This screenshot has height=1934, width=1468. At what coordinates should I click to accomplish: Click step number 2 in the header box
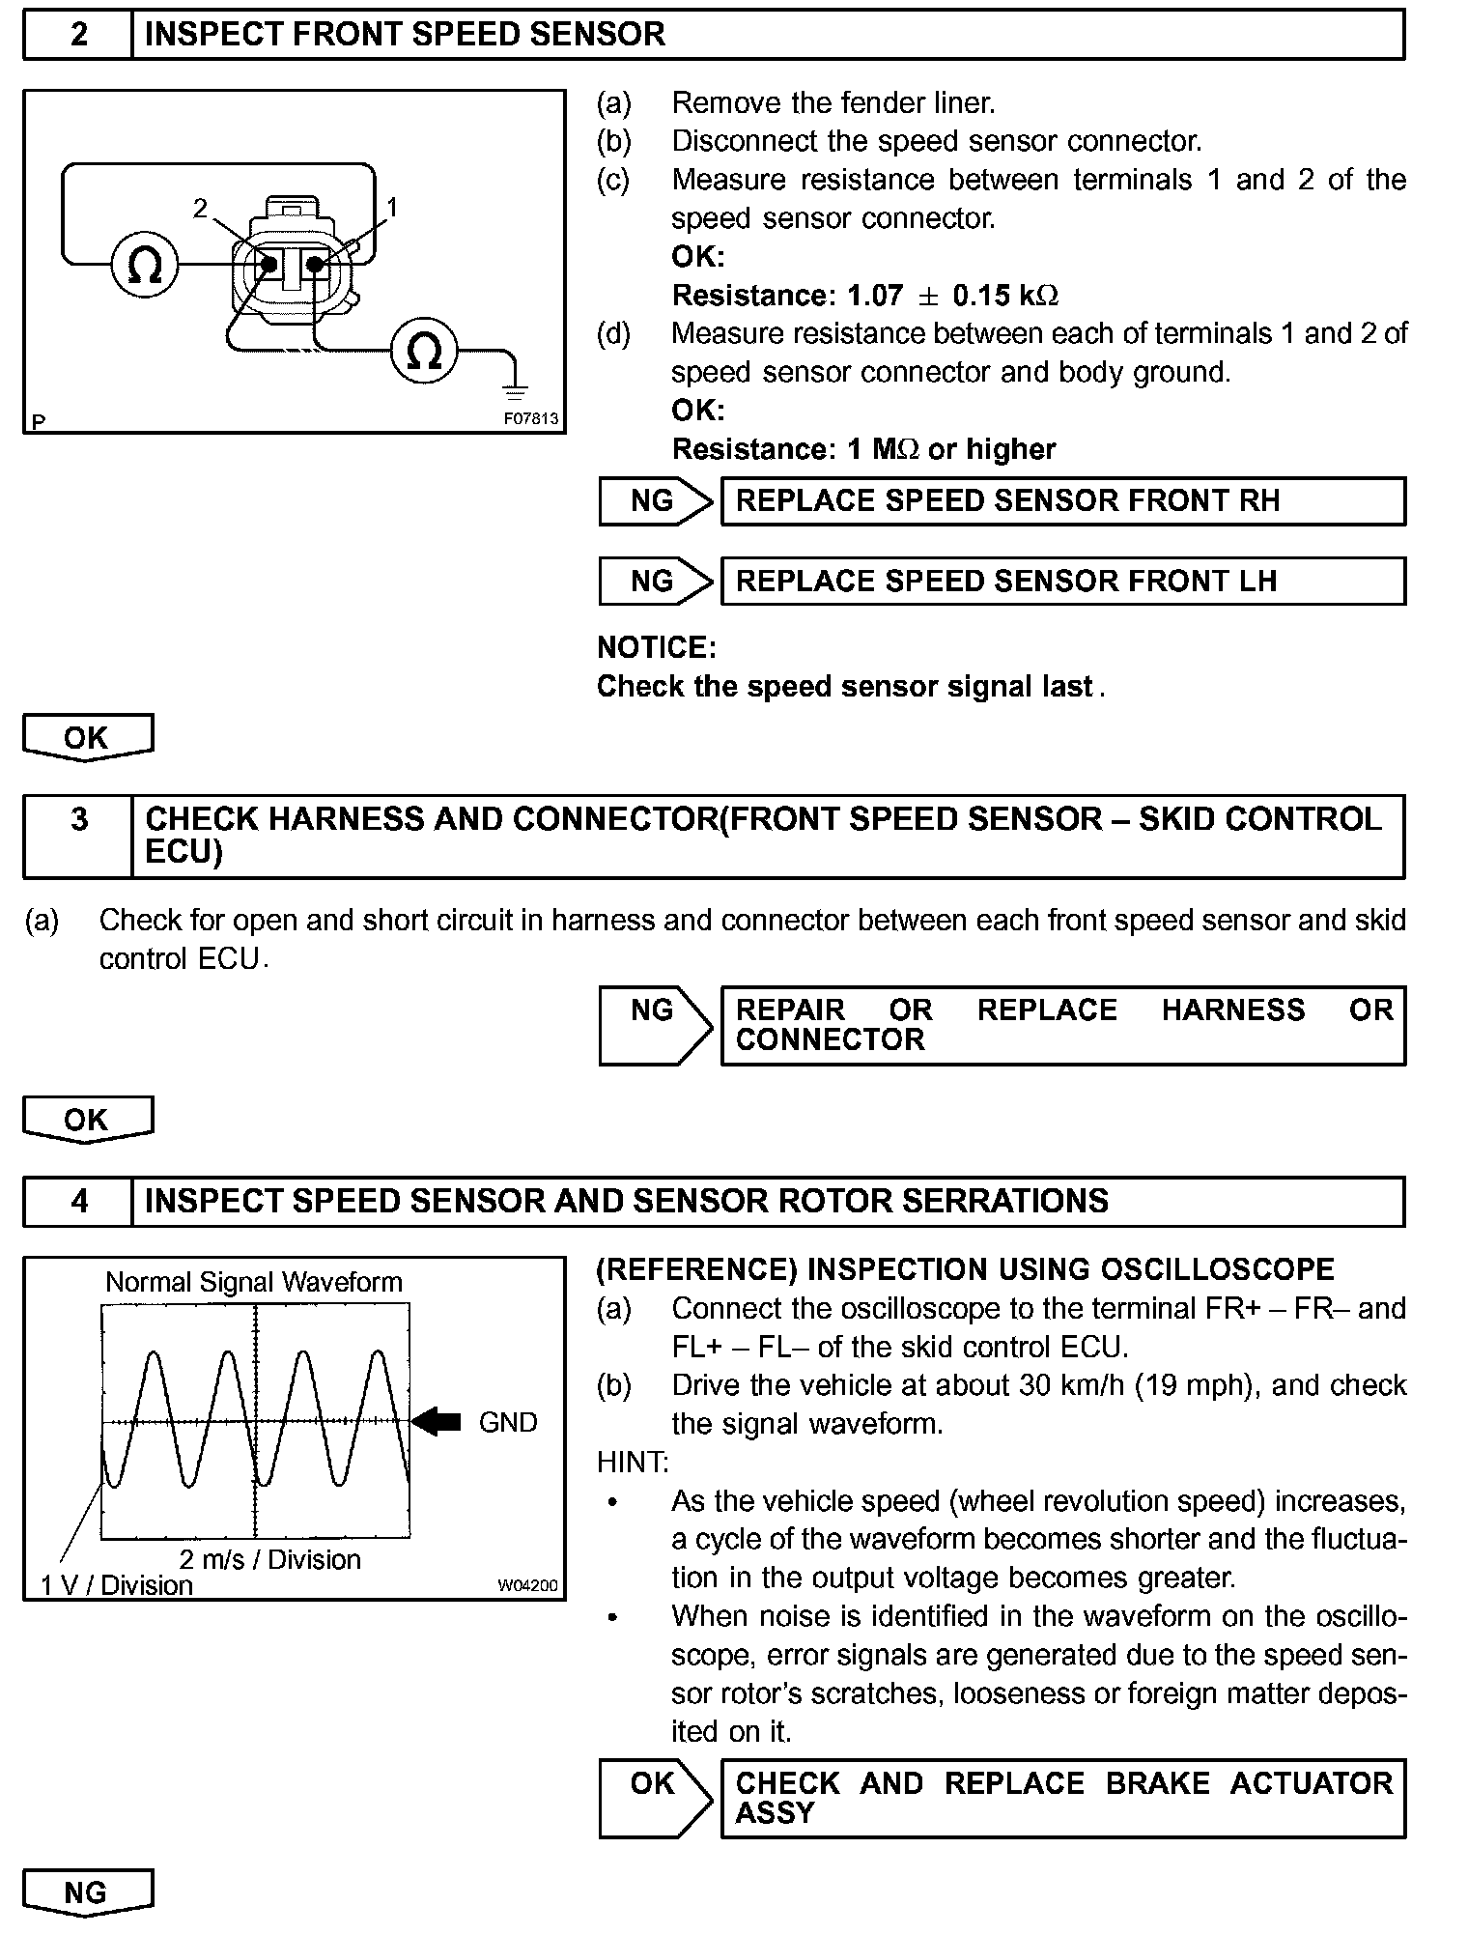[78, 35]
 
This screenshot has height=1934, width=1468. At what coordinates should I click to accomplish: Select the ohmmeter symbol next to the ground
[425, 351]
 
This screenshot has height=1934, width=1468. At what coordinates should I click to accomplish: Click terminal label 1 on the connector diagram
[392, 206]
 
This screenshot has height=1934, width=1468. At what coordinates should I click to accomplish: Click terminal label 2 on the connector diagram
[200, 208]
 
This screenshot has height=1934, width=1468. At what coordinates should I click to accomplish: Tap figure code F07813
[530, 419]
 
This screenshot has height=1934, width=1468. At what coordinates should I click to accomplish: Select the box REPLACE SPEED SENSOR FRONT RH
[1062, 501]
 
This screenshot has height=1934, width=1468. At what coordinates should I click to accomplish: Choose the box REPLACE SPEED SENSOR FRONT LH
[1062, 582]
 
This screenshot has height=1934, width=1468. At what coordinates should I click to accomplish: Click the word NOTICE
[657, 647]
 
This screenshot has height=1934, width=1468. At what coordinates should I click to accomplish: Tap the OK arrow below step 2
[87, 738]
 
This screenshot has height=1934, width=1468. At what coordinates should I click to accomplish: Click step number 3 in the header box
[78, 819]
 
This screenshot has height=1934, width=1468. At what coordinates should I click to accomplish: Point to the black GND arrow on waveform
[437, 1421]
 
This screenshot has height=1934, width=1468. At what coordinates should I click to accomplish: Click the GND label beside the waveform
[508, 1422]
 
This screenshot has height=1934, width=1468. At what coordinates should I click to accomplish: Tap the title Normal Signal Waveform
[254, 1282]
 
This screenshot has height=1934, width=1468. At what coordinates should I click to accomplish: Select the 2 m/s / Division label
[269, 1559]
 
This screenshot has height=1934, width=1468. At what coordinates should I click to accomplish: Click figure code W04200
[528, 1585]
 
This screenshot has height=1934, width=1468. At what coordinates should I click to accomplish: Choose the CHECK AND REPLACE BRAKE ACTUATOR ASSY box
[1062, 1798]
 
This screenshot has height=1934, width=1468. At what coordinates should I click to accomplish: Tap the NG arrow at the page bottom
[87, 1892]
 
